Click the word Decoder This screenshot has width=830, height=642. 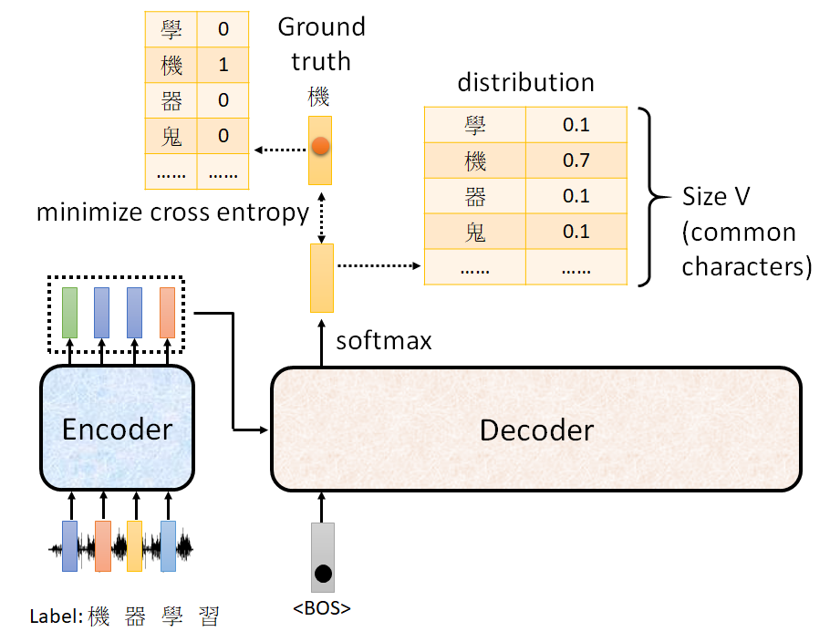[536, 430]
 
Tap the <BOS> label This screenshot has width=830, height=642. [321, 608]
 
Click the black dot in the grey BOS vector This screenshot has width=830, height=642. [322, 575]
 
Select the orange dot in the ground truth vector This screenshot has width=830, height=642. [320, 145]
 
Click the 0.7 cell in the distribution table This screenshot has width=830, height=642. [576, 161]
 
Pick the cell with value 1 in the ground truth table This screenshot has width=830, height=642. [223, 65]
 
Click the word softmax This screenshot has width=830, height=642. [383, 341]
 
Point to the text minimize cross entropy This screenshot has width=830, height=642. [173, 212]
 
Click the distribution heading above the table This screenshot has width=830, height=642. [525, 83]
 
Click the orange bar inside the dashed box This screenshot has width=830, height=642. [167, 312]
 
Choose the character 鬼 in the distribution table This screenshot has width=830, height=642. [475, 232]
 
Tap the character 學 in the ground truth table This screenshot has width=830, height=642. [171, 29]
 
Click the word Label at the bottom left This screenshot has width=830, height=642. [55, 617]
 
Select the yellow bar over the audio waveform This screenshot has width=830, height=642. [135, 545]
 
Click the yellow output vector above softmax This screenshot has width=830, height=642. [322, 277]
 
